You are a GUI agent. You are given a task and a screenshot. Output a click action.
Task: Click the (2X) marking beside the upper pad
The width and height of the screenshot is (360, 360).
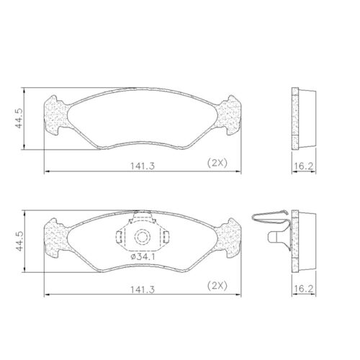point(217,164)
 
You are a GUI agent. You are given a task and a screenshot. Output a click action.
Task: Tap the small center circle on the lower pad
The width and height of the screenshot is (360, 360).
point(141,236)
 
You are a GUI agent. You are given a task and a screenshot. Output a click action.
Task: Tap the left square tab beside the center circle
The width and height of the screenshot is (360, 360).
point(122,236)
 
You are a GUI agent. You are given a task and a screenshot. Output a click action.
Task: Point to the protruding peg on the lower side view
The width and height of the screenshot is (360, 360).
point(274,236)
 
